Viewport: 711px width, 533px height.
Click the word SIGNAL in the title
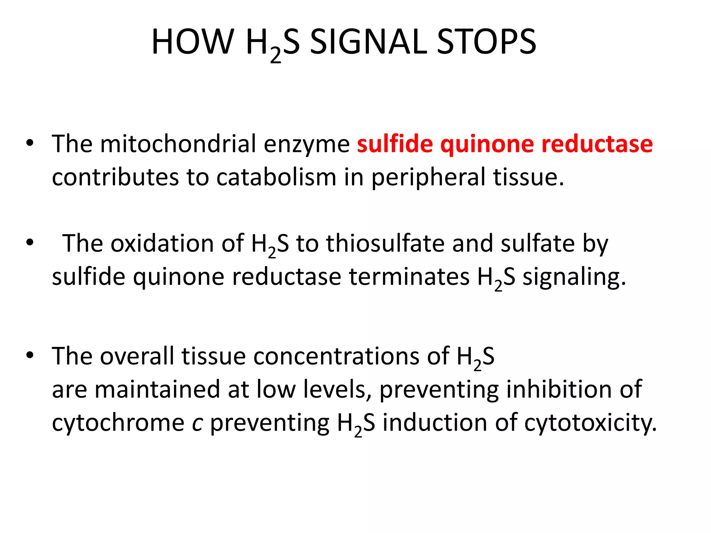(368, 42)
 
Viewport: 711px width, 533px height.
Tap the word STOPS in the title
(487, 42)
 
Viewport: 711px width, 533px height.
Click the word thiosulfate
(385, 244)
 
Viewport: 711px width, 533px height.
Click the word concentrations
(336, 356)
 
